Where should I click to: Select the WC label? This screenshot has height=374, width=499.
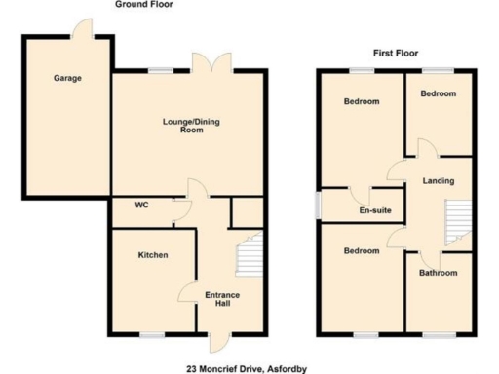click(141, 206)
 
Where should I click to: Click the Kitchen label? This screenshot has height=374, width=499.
click(153, 255)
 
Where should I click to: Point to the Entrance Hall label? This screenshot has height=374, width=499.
click(222, 299)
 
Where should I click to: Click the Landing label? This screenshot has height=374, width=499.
click(438, 181)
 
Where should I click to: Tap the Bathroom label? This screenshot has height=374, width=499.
click(438, 273)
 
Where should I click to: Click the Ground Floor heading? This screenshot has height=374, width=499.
click(142, 5)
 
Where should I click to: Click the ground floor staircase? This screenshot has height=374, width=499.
click(250, 256)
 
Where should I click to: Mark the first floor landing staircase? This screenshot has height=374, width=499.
click(456, 221)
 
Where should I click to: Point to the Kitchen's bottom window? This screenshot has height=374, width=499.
click(151, 334)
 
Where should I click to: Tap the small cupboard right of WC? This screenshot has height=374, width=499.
click(247, 209)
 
